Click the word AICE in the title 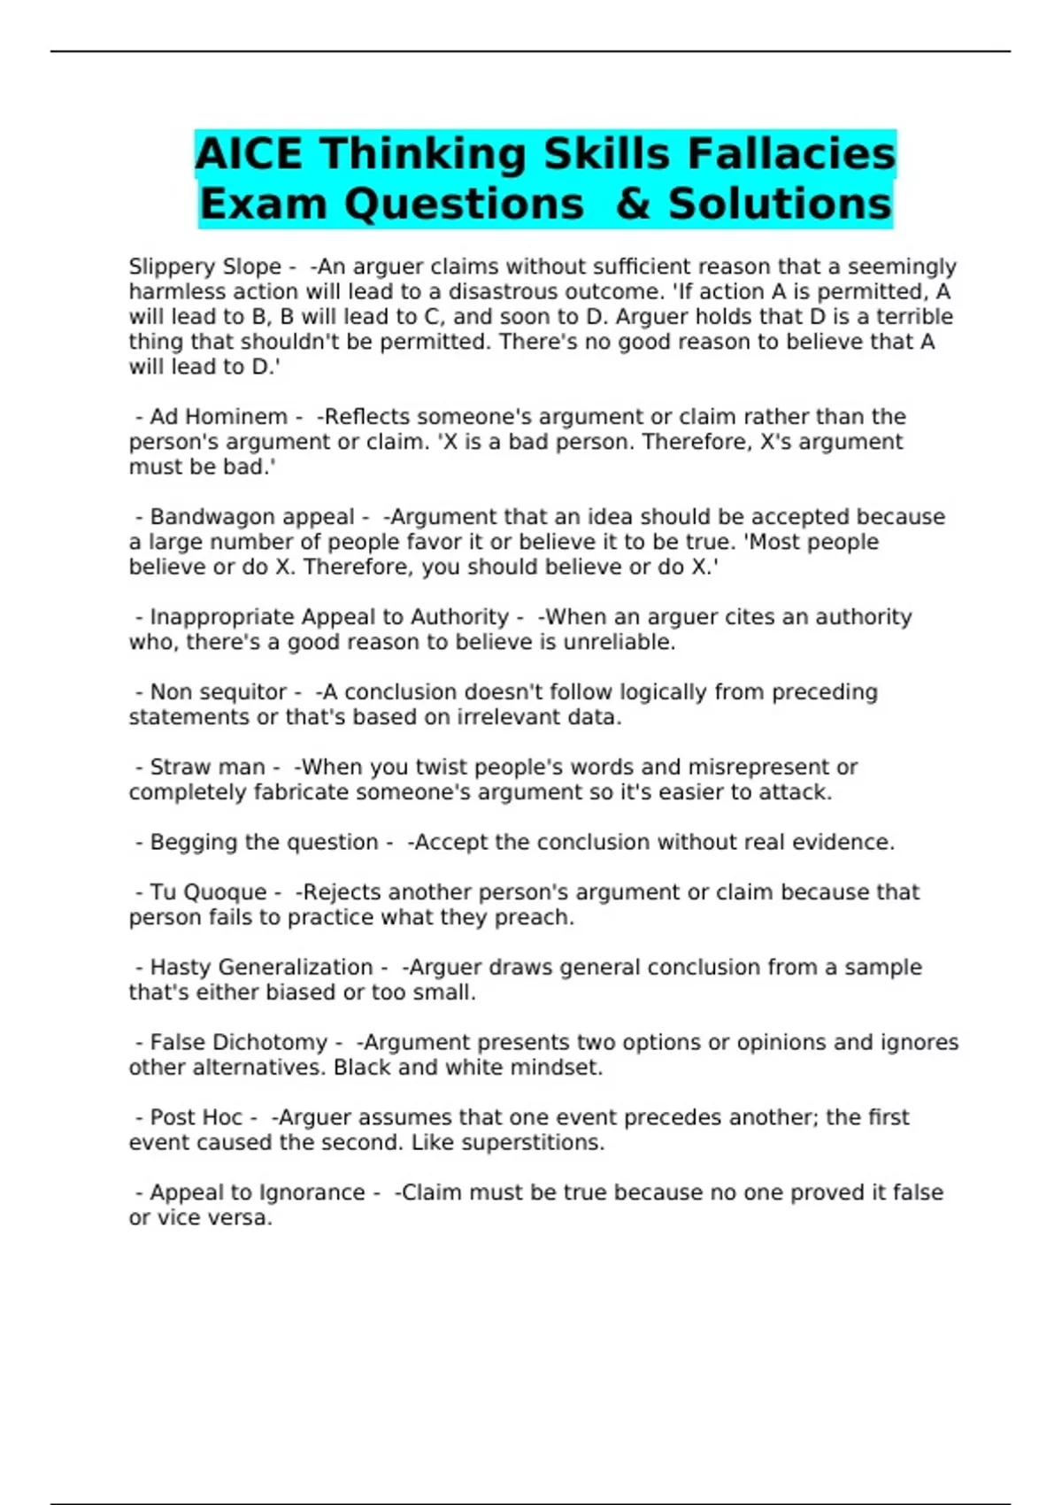[x=251, y=154]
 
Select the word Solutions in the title [x=780, y=205]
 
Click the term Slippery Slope [x=204, y=266]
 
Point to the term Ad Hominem [x=219, y=417]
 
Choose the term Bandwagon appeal [x=252, y=517]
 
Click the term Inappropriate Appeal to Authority [x=329, y=617]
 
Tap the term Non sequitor [x=219, y=692]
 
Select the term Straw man [x=207, y=768]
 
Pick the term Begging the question [x=264, y=842]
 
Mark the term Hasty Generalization [x=261, y=968]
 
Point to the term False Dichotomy [x=239, y=1043]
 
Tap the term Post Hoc [x=196, y=1118]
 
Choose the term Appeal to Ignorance [x=257, y=1193]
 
